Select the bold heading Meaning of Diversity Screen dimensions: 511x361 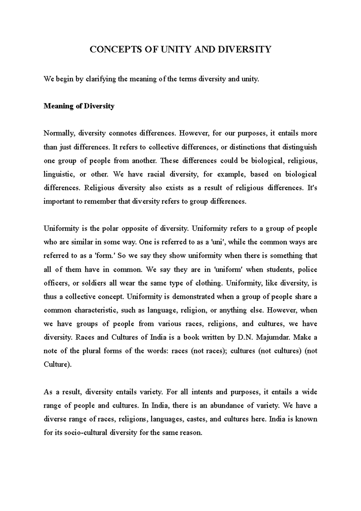click(x=79, y=106)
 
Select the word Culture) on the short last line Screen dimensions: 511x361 click(x=58, y=365)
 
